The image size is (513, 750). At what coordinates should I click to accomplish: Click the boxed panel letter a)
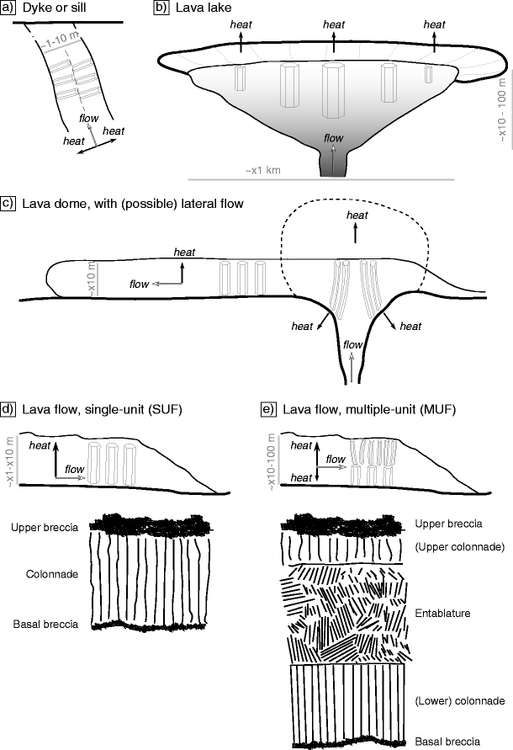[x=8, y=8]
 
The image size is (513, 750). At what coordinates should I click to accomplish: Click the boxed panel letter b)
[x=161, y=8]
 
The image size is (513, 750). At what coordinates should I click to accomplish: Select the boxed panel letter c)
[x=8, y=203]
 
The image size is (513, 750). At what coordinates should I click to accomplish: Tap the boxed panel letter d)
[x=8, y=410]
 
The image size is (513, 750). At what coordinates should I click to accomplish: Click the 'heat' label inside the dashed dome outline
[x=357, y=215]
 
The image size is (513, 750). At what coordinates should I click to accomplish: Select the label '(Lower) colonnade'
[x=459, y=699]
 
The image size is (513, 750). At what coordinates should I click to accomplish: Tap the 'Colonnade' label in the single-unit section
[x=53, y=575]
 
